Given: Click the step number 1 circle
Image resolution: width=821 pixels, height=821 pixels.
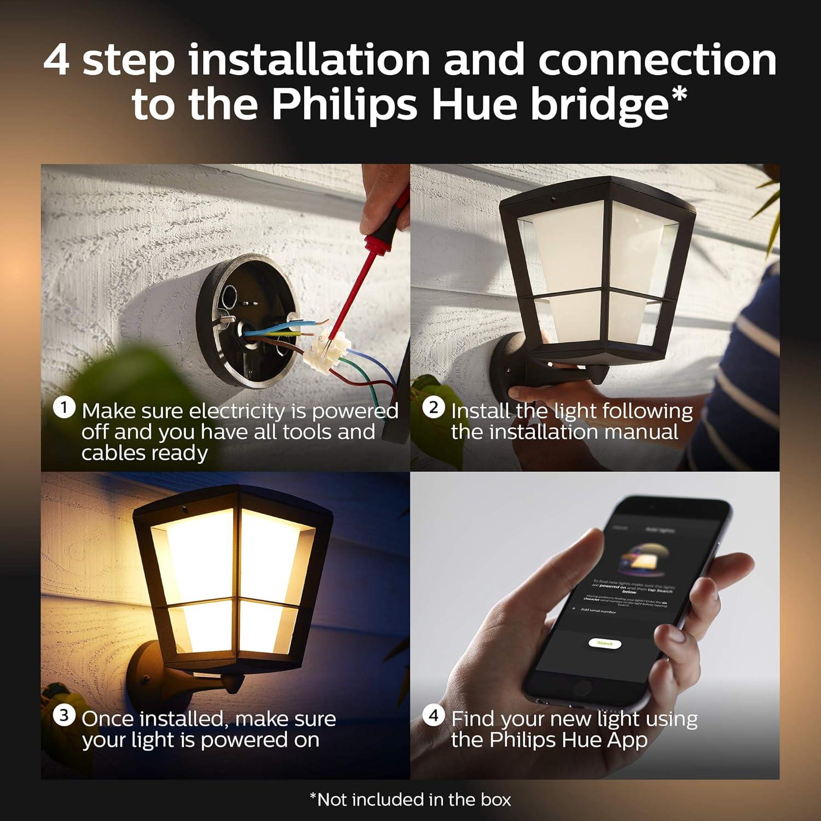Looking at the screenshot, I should tap(64, 408).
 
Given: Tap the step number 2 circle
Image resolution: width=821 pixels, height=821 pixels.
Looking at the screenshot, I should tap(433, 408).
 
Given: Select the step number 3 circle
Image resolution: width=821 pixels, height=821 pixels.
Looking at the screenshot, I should tap(64, 715).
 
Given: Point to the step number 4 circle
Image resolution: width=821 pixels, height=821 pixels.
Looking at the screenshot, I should tap(433, 715).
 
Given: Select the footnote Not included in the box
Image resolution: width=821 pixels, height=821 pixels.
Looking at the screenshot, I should tap(410, 800).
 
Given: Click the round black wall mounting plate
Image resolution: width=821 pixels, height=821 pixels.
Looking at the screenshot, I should tap(246, 323).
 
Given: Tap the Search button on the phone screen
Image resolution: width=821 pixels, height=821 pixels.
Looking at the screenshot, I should tap(605, 643).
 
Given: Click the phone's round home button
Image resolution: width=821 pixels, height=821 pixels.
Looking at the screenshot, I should tap(581, 688).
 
